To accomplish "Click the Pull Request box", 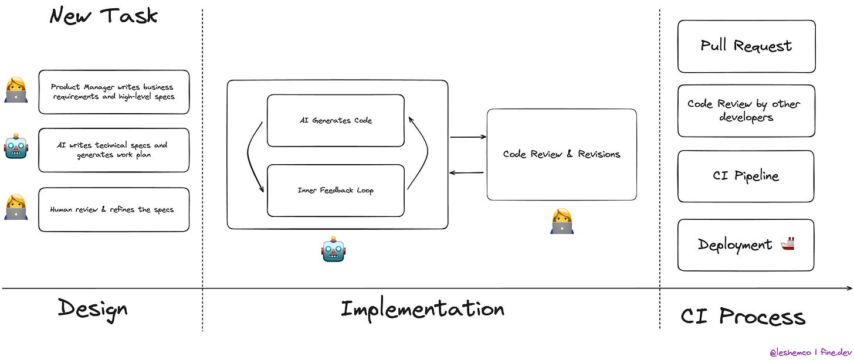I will (x=746, y=46).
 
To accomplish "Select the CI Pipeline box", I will (x=745, y=176).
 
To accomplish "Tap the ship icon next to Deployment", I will (x=788, y=244).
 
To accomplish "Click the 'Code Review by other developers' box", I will (x=745, y=111).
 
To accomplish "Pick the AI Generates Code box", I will (x=335, y=120).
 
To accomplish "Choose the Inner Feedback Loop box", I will (x=335, y=190).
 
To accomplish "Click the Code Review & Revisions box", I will (x=561, y=154).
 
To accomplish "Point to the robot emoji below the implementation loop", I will (x=334, y=250).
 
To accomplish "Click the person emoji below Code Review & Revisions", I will (x=561, y=221).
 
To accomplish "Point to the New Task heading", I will (x=103, y=16).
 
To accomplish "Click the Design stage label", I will (x=92, y=308).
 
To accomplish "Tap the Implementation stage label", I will (x=422, y=308).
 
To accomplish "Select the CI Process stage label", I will (x=743, y=317).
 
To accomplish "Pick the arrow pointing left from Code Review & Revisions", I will (x=466, y=173).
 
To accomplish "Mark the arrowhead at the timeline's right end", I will (x=849, y=288).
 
